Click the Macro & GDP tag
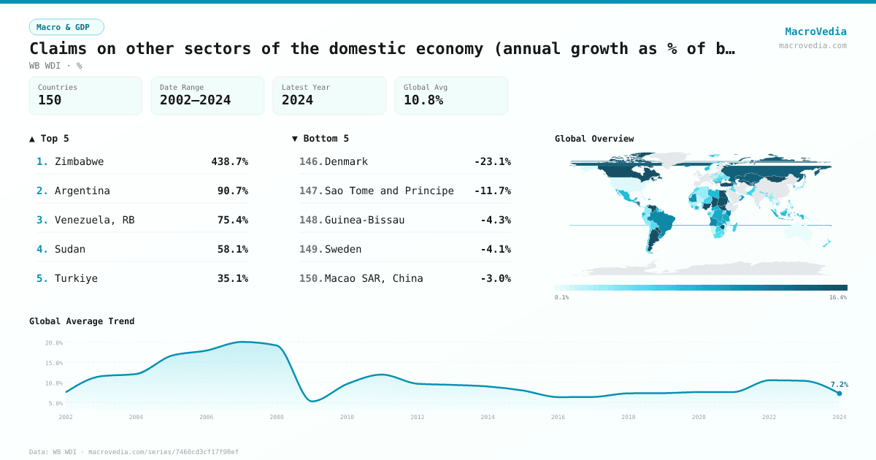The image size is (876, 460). point(66,27)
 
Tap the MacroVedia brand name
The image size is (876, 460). point(815,31)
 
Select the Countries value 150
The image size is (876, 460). point(50,100)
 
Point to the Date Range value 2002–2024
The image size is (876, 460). point(195,100)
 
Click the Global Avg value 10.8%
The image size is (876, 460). point(423,100)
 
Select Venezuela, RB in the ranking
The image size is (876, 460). point(94,220)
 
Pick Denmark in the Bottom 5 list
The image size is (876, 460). point(346,161)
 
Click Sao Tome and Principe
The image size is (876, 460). point(389,191)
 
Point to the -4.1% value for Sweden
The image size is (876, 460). point(495,249)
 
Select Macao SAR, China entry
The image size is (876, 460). point(374,278)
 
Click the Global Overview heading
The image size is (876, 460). point(594,139)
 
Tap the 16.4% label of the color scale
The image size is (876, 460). point(837,297)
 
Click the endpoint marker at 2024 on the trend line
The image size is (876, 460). point(839,394)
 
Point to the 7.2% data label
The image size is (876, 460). point(839,384)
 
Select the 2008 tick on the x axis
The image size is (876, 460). point(277,417)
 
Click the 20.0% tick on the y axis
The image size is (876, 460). point(54,342)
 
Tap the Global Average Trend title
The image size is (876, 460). point(82,321)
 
